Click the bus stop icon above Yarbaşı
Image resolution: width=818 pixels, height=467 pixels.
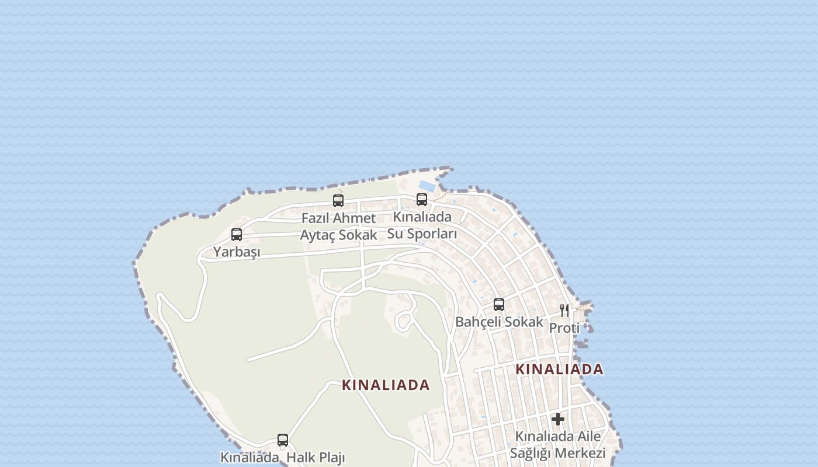point(237,235)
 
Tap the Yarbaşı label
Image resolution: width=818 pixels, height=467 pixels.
point(237,252)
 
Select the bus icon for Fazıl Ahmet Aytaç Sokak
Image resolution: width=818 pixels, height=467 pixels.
point(338,201)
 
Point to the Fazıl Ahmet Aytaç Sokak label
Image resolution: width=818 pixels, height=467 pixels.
point(338,226)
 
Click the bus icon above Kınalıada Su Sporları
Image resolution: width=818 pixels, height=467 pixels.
point(422,200)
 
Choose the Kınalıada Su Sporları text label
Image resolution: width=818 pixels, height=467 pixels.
point(422,225)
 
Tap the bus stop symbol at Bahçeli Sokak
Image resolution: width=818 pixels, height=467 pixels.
point(499,305)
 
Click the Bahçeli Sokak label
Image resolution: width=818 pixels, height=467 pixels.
point(499,322)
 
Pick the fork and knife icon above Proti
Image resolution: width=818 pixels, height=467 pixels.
point(564,310)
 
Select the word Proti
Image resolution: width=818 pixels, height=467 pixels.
point(564,328)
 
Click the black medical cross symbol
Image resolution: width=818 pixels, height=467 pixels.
point(558,419)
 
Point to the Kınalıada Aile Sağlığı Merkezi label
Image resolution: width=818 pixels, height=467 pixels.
point(557,445)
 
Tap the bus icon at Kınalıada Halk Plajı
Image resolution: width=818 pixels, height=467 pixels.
point(283,440)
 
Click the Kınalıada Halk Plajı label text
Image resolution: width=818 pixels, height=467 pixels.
point(283,458)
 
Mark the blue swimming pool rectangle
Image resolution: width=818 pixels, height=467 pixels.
point(427,186)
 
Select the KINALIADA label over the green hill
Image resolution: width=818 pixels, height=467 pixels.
point(386,385)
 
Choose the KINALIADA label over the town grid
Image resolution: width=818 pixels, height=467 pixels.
point(559,370)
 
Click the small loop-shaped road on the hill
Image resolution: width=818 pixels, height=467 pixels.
point(403,321)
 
